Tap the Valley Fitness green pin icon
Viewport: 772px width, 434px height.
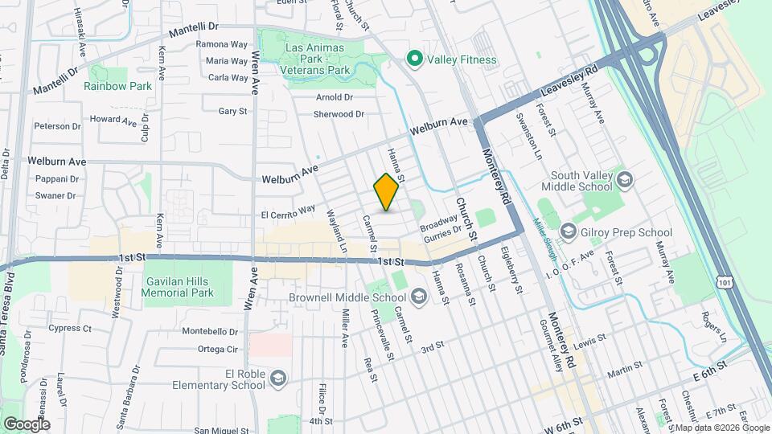[x=415, y=59]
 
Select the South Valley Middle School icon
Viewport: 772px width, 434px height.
[x=625, y=178]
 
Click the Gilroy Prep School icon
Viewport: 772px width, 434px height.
[x=568, y=232]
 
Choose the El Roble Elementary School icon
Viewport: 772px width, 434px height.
[x=277, y=379]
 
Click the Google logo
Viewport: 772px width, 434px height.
[x=27, y=424]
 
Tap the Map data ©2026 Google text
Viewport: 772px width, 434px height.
[x=721, y=428]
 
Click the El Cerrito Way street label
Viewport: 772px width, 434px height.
[x=287, y=211]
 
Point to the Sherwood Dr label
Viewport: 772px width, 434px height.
[x=339, y=114]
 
